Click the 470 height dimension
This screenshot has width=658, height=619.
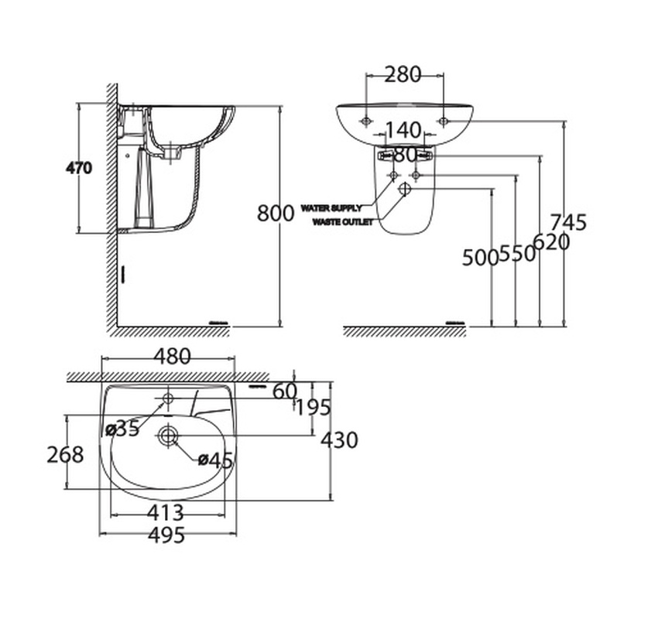(x=79, y=168)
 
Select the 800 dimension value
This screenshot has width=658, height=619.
(x=276, y=213)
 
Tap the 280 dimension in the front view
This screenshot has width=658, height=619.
(x=403, y=74)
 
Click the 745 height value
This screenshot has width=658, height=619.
(x=571, y=222)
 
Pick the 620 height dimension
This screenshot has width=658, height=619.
(x=551, y=242)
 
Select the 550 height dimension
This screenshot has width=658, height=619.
(x=518, y=253)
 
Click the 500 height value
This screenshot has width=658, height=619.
(x=480, y=258)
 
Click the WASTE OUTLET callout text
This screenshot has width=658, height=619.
(x=342, y=222)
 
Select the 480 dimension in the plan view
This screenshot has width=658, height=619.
(x=170, y=357)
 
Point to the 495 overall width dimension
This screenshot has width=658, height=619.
(x=166, y=535)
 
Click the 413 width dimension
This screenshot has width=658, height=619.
(x=165, y=512)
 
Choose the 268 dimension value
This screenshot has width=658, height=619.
(x=65, y=454)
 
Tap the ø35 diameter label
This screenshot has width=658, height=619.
(x=122, y=428)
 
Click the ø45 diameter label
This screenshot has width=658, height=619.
(x=215, y=460)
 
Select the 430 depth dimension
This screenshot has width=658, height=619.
(x=340, y=440)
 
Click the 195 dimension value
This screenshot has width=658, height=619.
(x=313, y=407)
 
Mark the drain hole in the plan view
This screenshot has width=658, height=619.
(x=168, y=436)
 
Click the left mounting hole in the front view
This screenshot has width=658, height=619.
(x=365, y=121)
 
